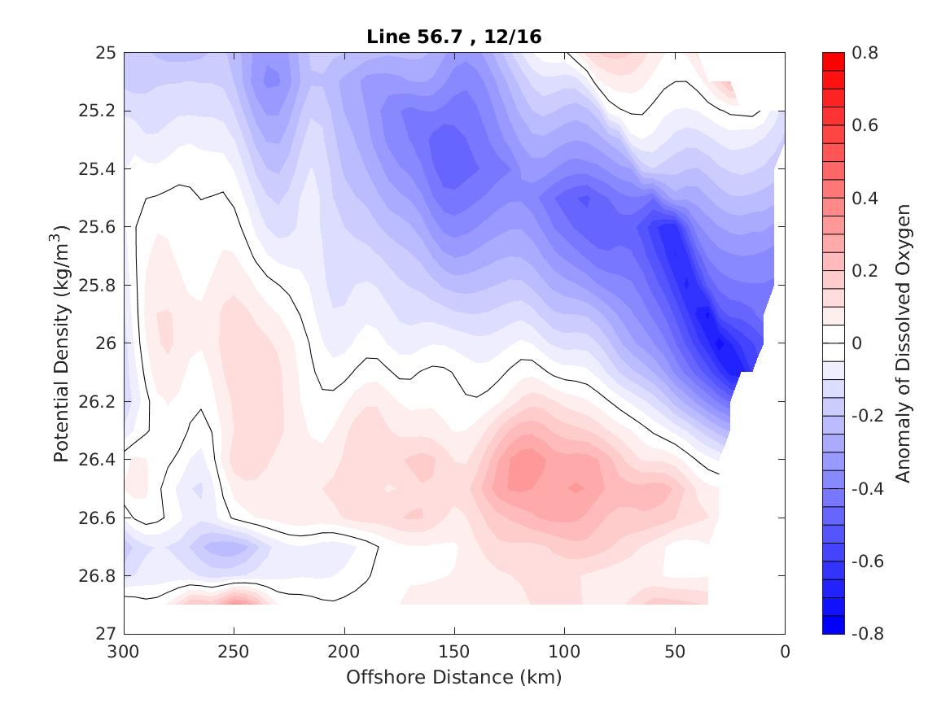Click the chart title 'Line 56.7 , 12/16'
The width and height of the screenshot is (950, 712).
coord(454,35)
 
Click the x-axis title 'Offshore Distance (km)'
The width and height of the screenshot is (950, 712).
coord(454,677)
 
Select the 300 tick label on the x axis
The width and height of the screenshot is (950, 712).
coord(124,652)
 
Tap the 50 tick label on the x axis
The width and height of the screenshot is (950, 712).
coord(674,652)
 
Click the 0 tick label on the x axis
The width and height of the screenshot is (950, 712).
coord(785,652)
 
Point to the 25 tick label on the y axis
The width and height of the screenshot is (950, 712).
coord(107,53)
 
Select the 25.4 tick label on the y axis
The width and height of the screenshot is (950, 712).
coord(101,169)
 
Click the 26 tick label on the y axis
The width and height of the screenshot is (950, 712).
coord(107,343)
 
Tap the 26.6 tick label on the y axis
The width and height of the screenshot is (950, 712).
coord(101,518)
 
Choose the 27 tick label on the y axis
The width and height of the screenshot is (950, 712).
coord(107,634)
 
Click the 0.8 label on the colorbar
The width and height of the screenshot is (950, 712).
coord(865,53)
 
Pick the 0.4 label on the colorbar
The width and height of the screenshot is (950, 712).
coord(865,198)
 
